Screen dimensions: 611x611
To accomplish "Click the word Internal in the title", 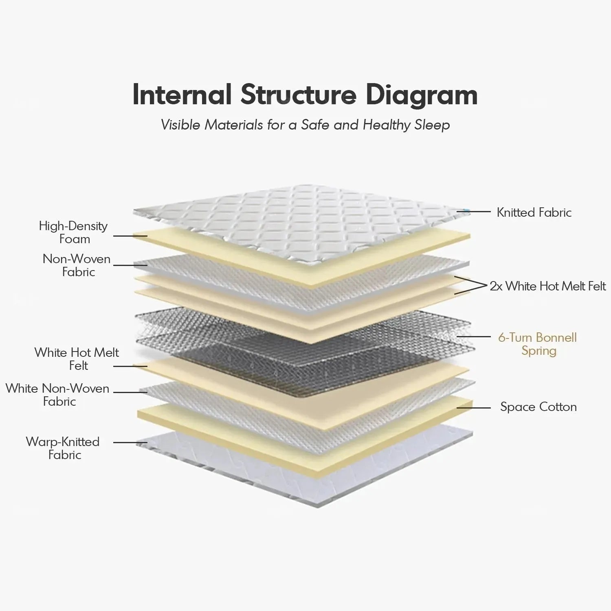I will pos(182,95).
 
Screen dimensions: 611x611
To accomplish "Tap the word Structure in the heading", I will pos(298,95).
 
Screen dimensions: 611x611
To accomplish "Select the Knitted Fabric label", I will pos(534,212).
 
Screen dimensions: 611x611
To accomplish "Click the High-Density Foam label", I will pos(73,232).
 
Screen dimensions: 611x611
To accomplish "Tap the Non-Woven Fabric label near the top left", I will pos(77,265).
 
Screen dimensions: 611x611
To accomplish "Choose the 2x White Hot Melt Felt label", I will pos(548,286).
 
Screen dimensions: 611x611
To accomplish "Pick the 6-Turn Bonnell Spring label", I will pos(538,344).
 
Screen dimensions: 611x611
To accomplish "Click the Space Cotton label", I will pos(538,407).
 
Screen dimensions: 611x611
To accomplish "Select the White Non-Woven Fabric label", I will pos(58,395).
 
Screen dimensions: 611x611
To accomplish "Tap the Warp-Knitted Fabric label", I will pos(63,448).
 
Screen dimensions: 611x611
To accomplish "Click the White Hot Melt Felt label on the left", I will pos(77,358).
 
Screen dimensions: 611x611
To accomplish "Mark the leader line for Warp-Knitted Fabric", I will pos(130,442).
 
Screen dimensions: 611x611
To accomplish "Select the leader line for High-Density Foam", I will pos(130,236).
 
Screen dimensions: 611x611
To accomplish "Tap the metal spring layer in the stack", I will pos(301,346).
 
